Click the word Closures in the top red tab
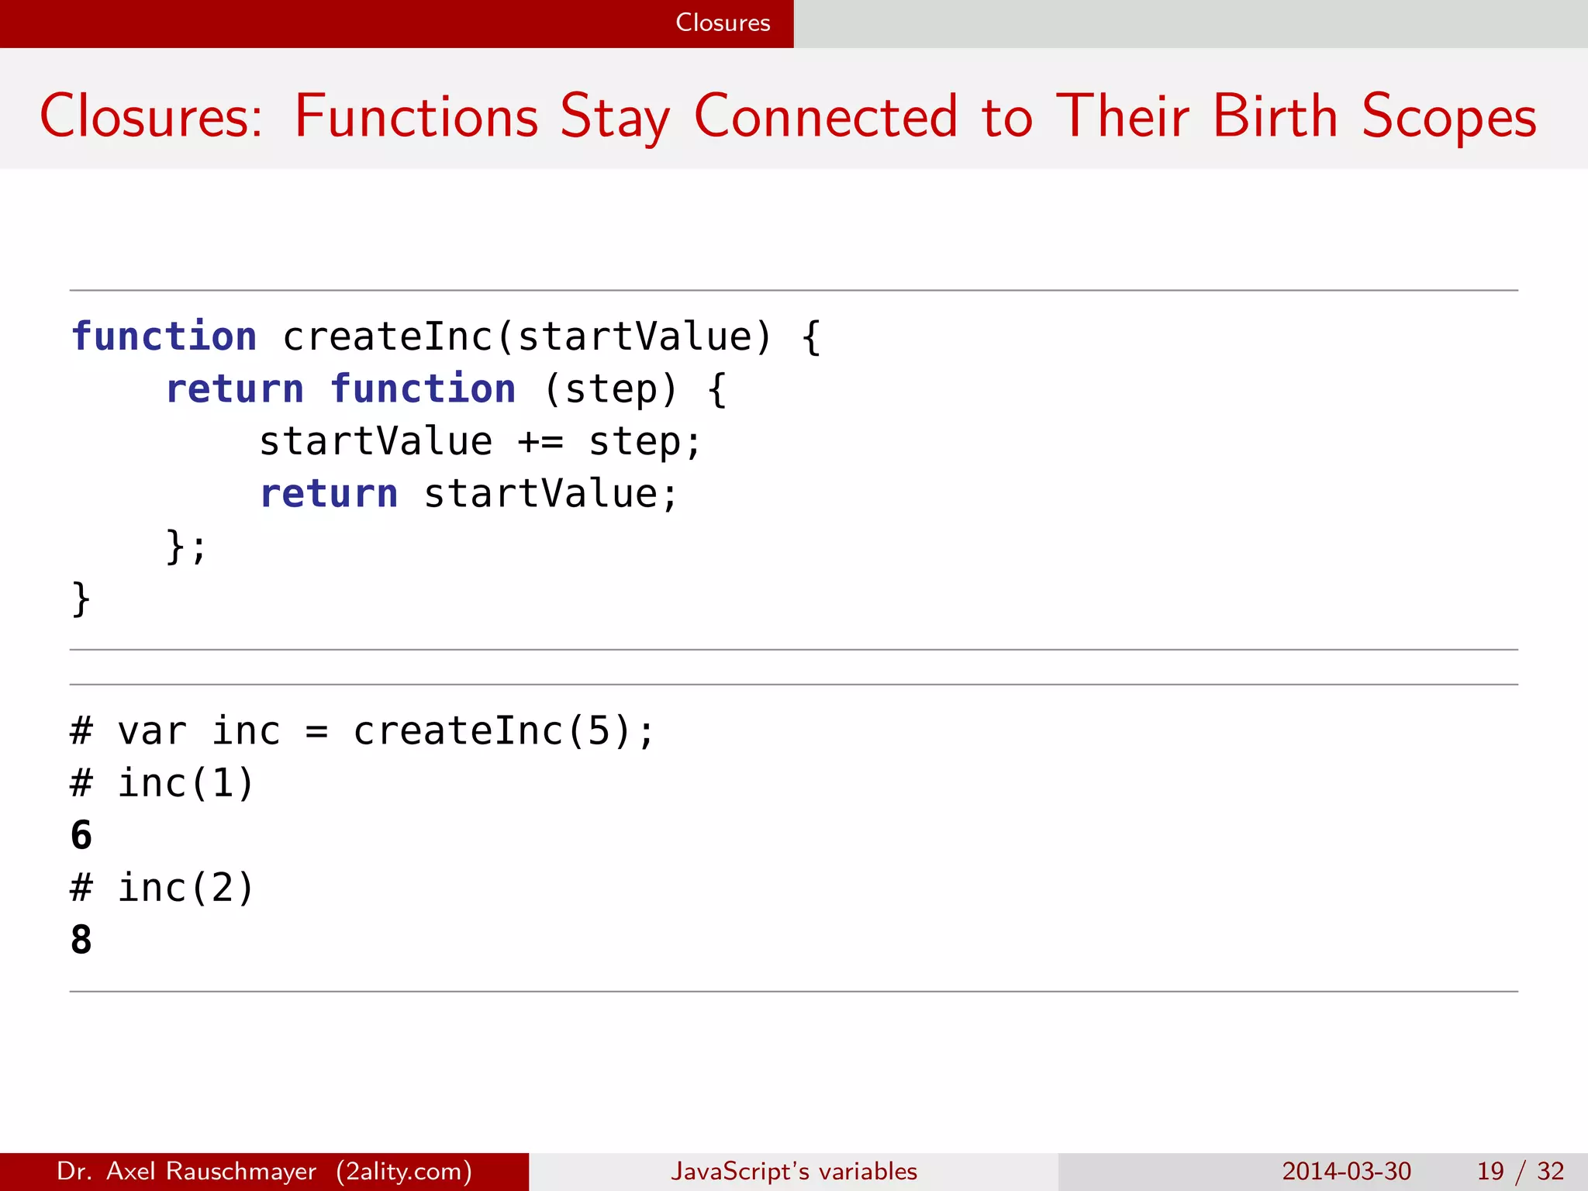[x=723, y=22]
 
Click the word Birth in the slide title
[x=1276, y=116]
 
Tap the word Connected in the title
[x=826, y=116]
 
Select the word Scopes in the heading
[x=1449, y=116]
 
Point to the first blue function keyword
[x=164, y=337]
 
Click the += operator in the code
[x=540, y=442]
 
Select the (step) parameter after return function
[x=611, y=389]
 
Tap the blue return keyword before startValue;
[x=329, y=494]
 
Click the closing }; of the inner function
[x=186, y=546]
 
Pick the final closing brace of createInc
[x=81, y=599]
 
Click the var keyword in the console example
[x=152, y=731]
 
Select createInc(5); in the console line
[x=504, y=731]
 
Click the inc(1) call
[x=186, y=783]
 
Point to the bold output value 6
[x=81, y=835]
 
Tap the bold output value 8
[x=81, y=940]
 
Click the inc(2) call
[x=186, y=888]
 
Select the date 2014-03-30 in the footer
[x=1346, y=1171]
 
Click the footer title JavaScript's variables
[x=794, y=1171]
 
